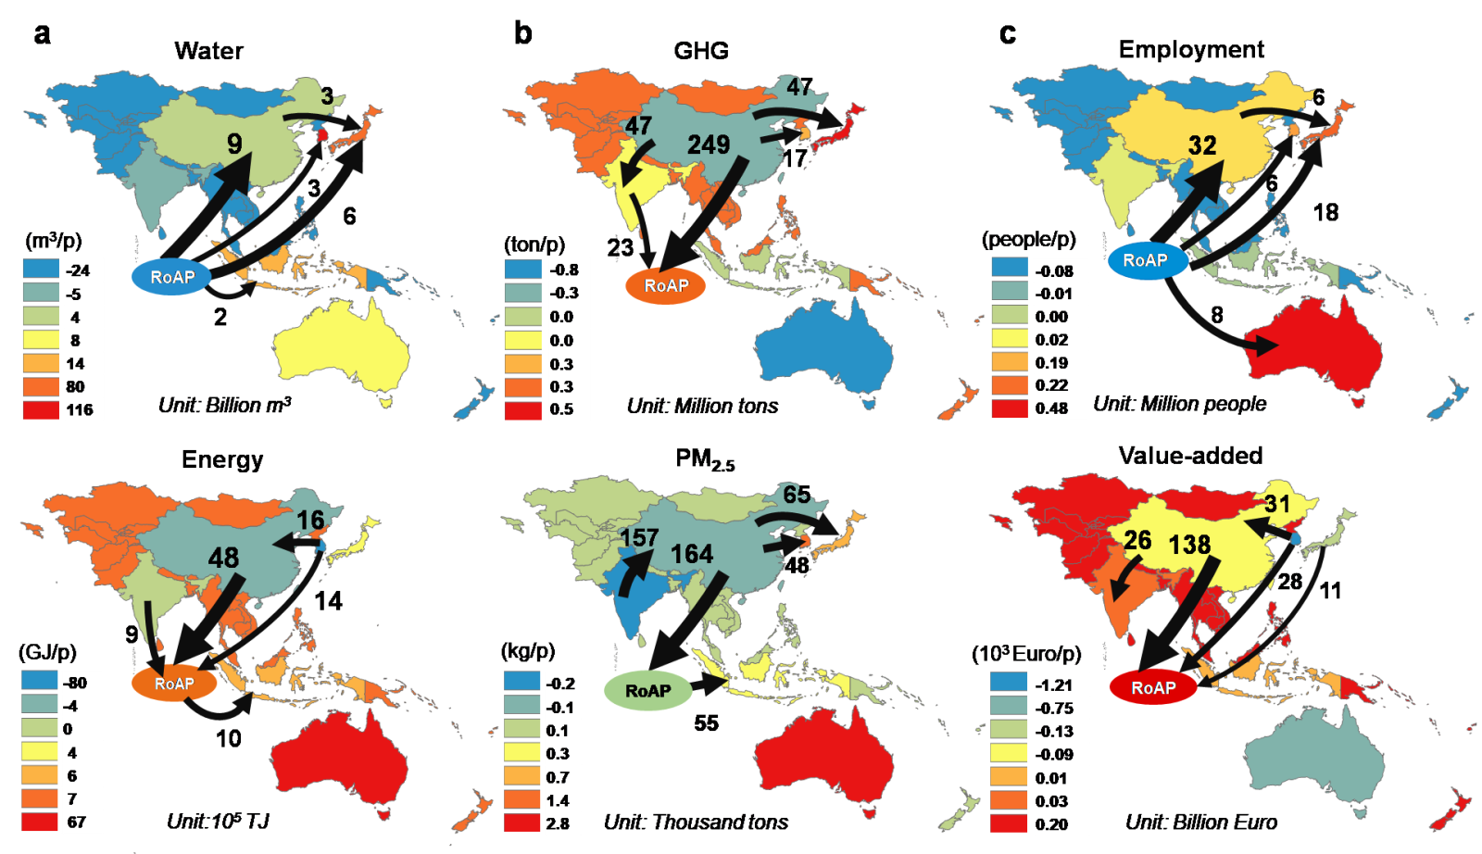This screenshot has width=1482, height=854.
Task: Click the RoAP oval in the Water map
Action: (172, 276)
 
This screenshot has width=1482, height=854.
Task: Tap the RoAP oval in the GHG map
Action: (665, 285)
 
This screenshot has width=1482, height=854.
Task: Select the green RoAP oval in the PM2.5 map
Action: (647, 690)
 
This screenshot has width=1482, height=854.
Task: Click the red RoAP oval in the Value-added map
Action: (1152, 687)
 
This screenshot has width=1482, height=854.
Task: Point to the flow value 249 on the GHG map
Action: (709, 144)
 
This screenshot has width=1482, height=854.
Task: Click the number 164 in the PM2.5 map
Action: (691, 554)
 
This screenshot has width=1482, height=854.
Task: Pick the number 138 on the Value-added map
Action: (1189, 545)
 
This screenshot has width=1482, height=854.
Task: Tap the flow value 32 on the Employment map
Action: (1202, 145)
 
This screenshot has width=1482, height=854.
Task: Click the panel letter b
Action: (523, 34)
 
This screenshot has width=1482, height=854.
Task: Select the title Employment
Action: (1191, 49)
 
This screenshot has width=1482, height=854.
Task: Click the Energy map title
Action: (222, 459)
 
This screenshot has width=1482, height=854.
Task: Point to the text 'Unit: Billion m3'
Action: (224, 405)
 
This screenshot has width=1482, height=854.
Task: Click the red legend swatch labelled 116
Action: (40, 409)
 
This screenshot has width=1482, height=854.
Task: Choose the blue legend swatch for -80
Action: (40, 682)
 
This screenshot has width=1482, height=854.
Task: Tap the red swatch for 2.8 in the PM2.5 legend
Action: (522, 823)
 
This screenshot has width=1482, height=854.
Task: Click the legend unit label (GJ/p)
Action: (47, 652)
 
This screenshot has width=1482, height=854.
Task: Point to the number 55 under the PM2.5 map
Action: (706, 722)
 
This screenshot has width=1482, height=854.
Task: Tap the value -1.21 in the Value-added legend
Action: (1054, 684)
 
